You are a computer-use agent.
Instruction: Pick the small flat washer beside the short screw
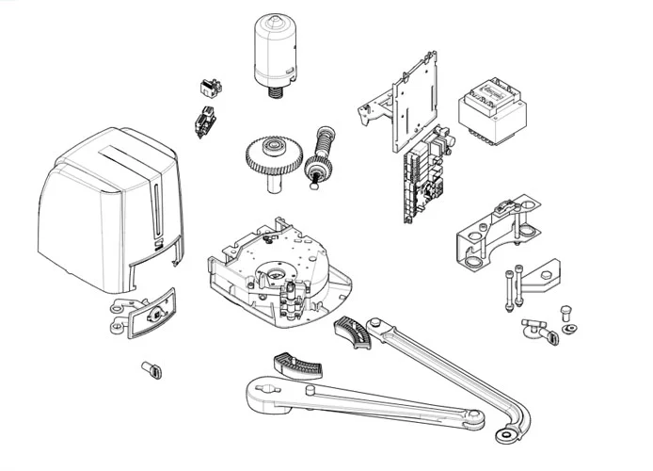(571, 329)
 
